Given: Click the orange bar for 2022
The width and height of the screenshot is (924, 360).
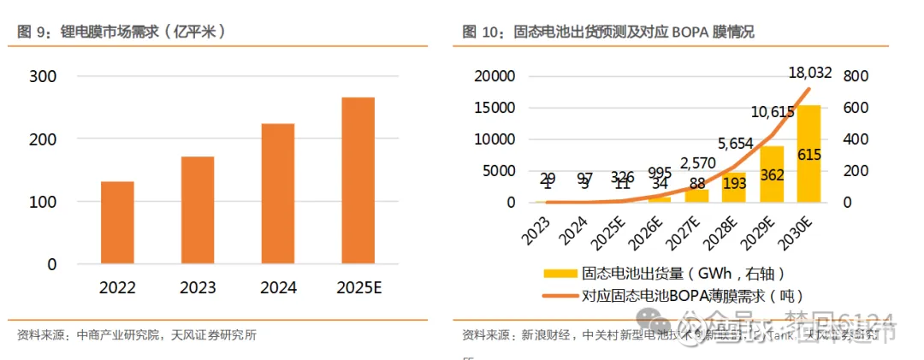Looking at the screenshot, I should click(117, 222).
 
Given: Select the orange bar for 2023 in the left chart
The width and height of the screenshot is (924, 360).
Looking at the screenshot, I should click(198, 210).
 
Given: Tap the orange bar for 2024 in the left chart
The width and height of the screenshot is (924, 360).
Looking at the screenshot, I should click(278, 193).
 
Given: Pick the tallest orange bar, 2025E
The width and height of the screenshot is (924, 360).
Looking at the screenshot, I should click(358, 180).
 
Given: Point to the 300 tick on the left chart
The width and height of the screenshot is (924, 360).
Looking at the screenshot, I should click(43, 76).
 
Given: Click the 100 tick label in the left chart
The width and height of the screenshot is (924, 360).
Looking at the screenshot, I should click(43, 202).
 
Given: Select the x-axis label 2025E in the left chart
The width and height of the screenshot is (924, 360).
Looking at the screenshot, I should click(358, 287).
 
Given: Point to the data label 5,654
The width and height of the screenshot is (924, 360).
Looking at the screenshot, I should click(736, 143).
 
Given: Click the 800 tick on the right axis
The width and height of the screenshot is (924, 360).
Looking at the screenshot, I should click(855, 76).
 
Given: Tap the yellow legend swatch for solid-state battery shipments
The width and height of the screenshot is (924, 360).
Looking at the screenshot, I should click(560, 274).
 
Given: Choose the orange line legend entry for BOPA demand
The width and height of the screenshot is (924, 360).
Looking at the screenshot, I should click(560, 295).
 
